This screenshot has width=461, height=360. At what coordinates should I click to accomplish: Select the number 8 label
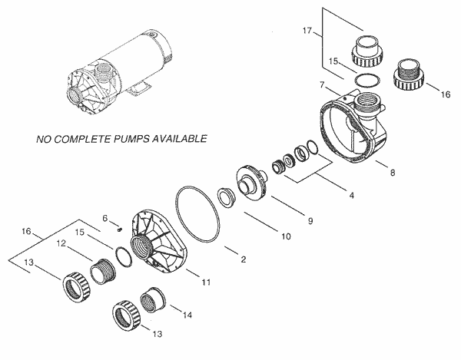[x=393, y=173]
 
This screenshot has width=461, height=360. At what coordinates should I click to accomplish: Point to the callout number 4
[x=351, y=196]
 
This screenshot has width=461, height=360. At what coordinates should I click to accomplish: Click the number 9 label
[x=310, y=222]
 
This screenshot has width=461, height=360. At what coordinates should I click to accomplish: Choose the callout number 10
[x=285, y=237]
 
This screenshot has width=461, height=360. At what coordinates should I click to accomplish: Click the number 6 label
[x=105, y=218]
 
